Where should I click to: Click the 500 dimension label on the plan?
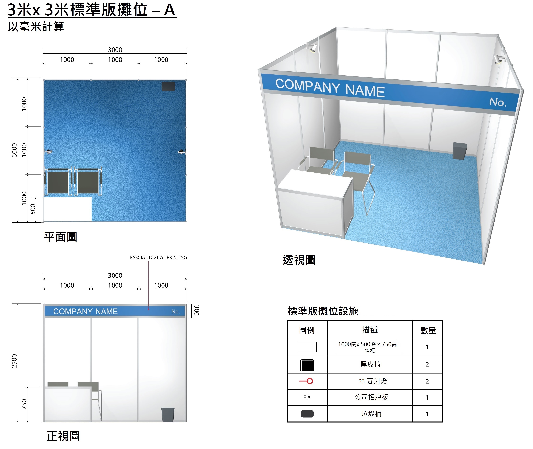point(33,209)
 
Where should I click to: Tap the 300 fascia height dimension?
point(196,310)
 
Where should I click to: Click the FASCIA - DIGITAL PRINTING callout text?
point(158,258)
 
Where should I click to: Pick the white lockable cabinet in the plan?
point(68,209)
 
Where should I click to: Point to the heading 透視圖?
point(299,260)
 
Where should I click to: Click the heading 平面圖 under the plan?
point(61,237)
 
